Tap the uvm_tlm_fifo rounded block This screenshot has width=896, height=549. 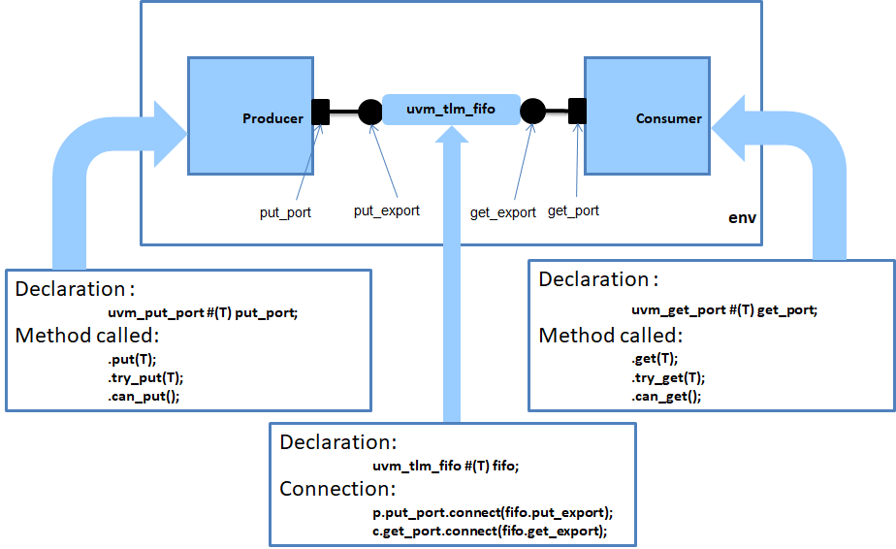coord(451,110)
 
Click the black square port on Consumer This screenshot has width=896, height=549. coord(577,112)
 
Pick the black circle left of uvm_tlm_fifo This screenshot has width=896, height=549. coord(370,112)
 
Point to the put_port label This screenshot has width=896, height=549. coord(285,212)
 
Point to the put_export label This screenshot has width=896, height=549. coord(386,210)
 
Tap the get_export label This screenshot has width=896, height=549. coord(502,212)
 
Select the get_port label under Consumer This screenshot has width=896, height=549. coord(573,210)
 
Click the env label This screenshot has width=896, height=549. coord(742,219)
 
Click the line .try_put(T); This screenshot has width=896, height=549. coord(145,377)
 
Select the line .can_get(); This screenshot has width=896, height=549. coord(666,397)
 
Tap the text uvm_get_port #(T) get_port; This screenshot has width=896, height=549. coord(724,310)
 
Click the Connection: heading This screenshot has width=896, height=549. coord(337,489)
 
